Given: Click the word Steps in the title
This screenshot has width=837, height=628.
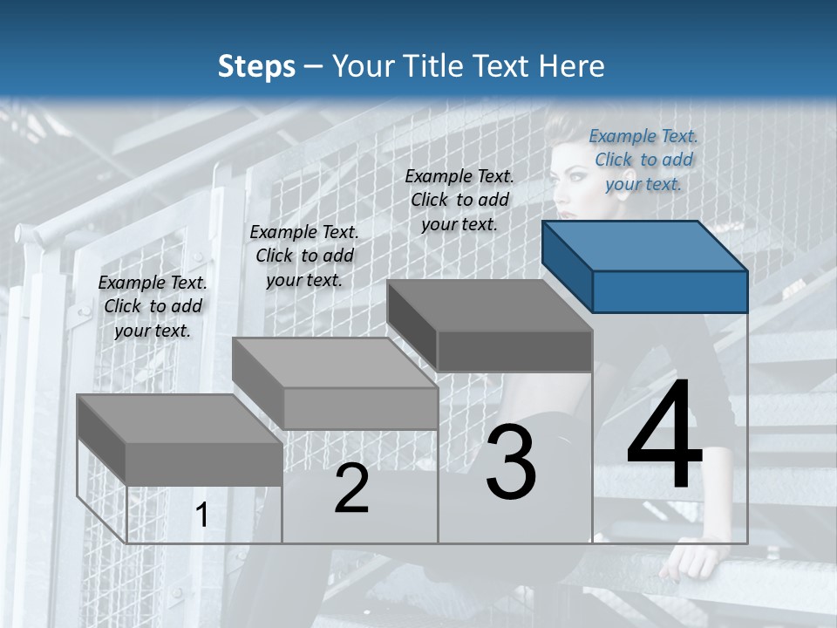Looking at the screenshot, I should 256,66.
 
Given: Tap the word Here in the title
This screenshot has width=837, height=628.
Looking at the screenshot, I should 572,66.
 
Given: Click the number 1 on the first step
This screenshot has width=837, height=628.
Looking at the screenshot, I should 202,515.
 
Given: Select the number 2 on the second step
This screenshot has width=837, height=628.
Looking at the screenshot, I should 351,489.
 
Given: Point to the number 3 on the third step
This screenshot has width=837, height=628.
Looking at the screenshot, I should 511,462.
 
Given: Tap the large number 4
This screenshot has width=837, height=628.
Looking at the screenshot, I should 665,436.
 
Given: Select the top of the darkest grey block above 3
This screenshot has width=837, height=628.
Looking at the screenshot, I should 488,305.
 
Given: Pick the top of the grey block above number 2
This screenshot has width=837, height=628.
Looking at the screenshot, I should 334,363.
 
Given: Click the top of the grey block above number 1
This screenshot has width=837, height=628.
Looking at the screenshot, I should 179,419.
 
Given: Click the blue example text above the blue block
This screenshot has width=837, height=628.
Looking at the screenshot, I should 643,160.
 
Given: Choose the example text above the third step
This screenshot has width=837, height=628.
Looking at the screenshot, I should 459,200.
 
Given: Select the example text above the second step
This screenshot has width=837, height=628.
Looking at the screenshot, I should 304,256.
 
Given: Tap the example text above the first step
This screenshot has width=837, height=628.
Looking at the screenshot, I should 153,306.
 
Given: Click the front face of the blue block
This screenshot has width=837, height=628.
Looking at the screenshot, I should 670,291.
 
